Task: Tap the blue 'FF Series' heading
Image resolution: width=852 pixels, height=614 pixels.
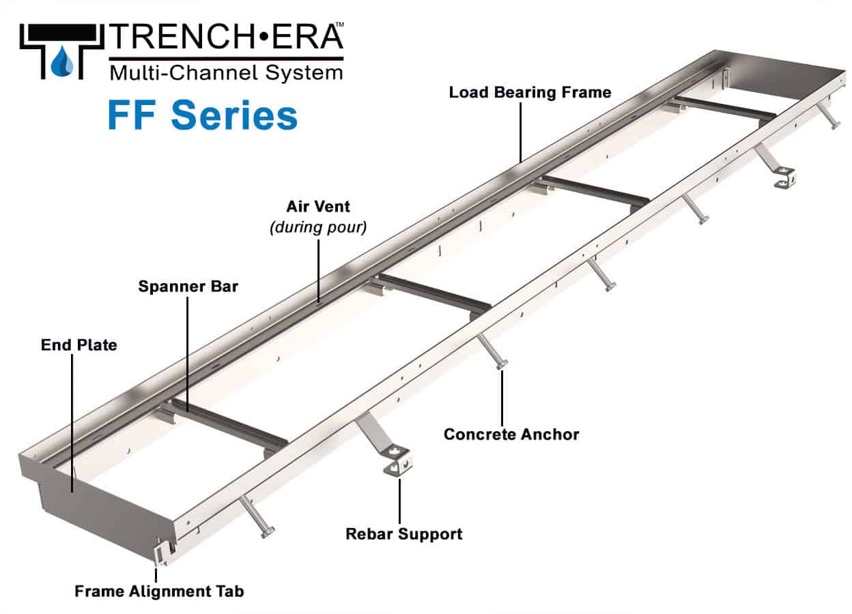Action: (202, 115)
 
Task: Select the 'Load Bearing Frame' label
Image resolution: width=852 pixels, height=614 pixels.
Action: (530, 92)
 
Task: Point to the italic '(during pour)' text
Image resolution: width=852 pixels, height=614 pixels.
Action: (318, 226)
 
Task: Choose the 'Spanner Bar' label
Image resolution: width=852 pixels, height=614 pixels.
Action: (188, 287)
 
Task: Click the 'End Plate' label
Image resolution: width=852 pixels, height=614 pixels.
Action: (79, 345)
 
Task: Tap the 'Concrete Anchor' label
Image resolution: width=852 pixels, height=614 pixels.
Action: (511, 434)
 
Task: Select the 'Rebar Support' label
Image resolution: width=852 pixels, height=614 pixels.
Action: (404, 533)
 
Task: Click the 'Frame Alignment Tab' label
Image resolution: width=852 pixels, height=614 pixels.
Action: (158, 591)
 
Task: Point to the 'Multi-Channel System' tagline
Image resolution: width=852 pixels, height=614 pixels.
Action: (226, 72)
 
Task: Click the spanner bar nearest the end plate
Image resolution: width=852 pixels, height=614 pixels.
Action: (225, 426)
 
